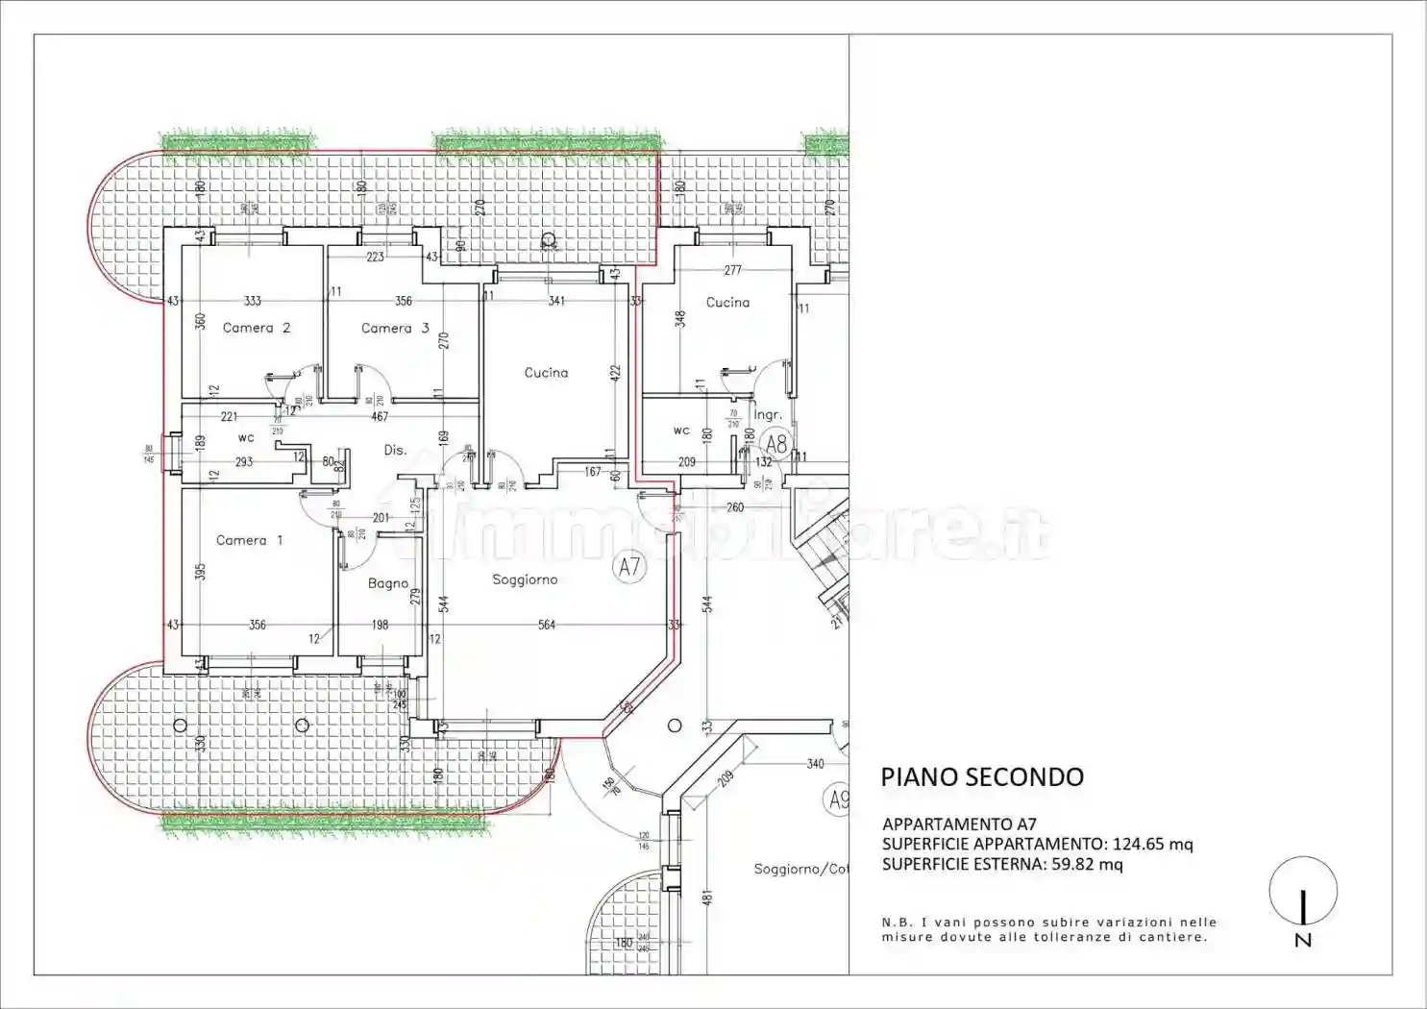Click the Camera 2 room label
(256, 328)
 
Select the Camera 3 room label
(395, 328)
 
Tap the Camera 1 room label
(249, 540)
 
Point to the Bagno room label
(388, 583)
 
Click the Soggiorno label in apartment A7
(525, 579)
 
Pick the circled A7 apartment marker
(629, 567)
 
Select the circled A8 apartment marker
(776, 444)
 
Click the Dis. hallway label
(395, 450)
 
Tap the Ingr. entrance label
(767, 415)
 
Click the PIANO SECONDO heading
(982, 777)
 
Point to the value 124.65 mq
(1152, 844)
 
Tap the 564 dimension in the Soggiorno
(547, 625)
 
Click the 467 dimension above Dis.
(380, 416)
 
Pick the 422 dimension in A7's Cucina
(616, 372)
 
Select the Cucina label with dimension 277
(727, 302)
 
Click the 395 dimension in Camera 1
(200, 572)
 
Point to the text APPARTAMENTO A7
(959, 824)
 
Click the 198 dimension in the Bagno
(381, 625)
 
